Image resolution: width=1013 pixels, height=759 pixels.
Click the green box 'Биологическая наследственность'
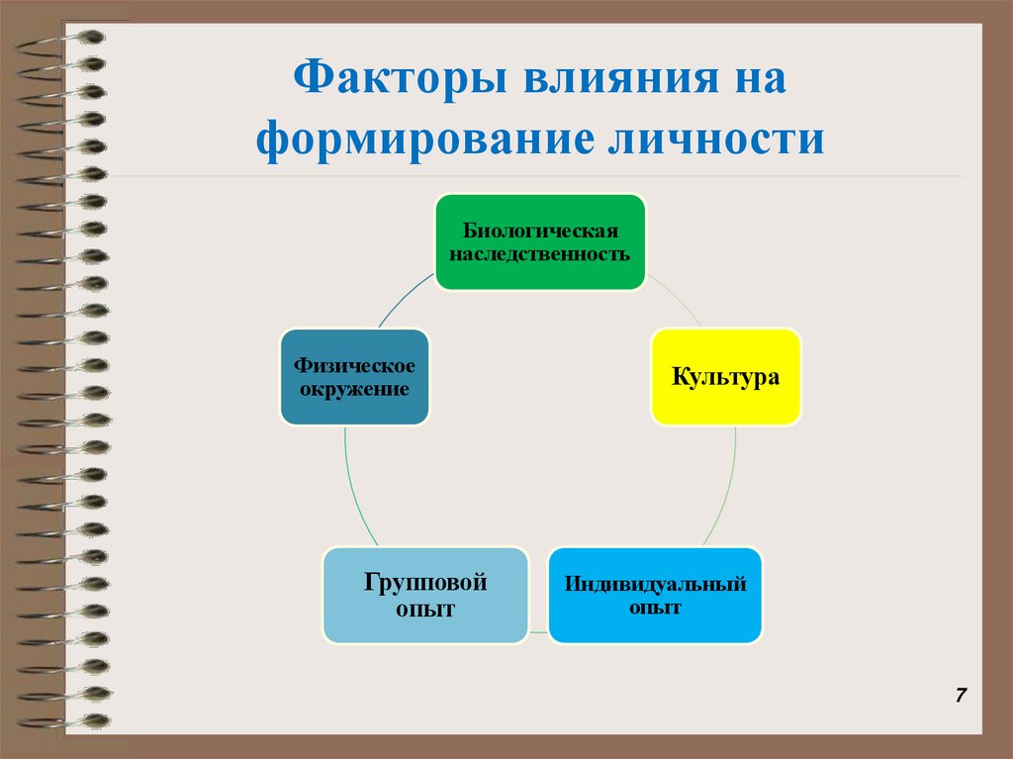click(540, 241)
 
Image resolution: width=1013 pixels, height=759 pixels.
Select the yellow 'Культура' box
click(726, 377)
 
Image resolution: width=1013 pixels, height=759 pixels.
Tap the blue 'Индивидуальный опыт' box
click(655, 595)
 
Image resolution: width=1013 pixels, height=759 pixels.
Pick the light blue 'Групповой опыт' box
click(424, 595)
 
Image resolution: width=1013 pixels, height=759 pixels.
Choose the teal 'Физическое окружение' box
click(354, 377)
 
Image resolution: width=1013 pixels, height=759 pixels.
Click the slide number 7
click(961, 695)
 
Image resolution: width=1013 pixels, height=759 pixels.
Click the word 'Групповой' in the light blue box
click(424, 582)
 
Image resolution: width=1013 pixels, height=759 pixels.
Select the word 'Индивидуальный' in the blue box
click(655, 584)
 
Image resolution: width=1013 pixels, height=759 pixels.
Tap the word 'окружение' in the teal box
click(354, 389)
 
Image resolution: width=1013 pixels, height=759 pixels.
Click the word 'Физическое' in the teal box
click(354, 366)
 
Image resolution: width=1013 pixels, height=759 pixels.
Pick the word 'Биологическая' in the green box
click(540, 231)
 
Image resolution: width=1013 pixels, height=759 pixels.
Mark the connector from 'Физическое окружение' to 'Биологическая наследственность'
click(406, 302)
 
